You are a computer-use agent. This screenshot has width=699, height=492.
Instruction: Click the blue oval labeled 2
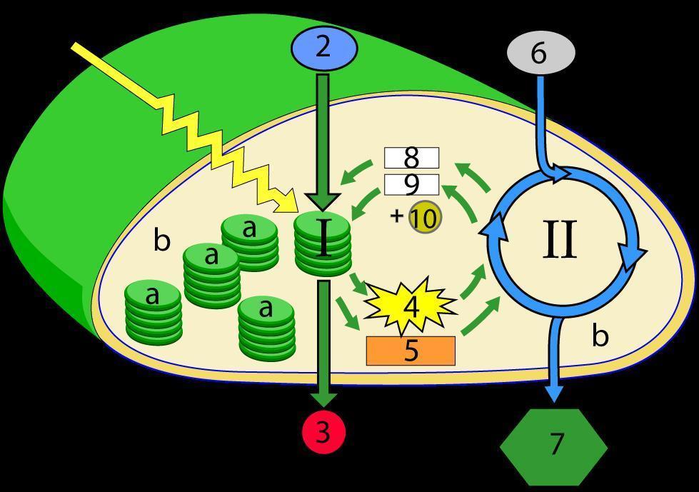pos(323,48)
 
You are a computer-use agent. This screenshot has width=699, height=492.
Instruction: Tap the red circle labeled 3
pos(323,432)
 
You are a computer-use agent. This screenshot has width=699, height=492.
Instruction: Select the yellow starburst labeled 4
pos(411,306)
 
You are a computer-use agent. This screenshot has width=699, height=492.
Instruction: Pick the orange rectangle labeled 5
pos(411,351)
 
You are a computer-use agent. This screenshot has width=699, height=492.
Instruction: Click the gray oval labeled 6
pos(540,53)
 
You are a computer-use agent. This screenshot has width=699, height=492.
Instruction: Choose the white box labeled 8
pos(411,157)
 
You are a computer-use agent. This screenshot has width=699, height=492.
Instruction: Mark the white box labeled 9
pos(411,185)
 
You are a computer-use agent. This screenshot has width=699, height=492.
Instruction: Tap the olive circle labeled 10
pos(425,218)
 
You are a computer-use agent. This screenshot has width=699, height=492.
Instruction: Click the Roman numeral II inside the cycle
pos(560,241)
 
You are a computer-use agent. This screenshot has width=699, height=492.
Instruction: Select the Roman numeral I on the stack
pos(323,239)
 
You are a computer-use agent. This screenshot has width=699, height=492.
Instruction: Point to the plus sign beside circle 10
pos(397,216)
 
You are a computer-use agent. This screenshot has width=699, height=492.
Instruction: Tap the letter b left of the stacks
pos(162,241)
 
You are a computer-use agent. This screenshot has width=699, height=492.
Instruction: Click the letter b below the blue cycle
pos(600,335)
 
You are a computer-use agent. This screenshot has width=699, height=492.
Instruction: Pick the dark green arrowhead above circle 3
pos(323,400)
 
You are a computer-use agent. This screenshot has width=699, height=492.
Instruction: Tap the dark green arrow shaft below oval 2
pos(323,129)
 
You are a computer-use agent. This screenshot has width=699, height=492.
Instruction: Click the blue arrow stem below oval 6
pos(540,114)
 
